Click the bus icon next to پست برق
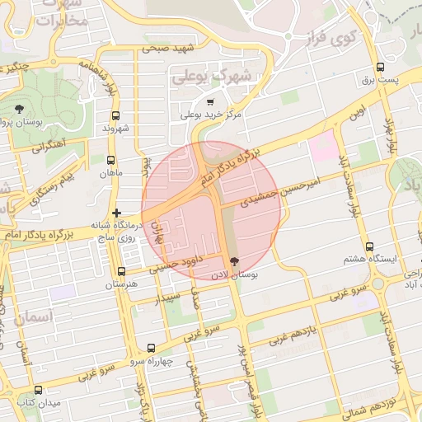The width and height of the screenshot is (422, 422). click(x=380, y=67)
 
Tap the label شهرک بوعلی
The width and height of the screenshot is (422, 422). click(x=210, y=77)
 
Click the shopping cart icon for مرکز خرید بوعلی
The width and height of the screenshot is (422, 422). click(x=211, y=101)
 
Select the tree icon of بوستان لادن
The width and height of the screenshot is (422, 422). click(x=235, y=260)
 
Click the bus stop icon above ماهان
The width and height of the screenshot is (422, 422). click(x=111, y=160)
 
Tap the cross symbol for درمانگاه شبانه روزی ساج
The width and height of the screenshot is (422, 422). click(x=117, y=213)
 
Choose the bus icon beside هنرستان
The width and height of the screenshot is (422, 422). click(x=122, y=271)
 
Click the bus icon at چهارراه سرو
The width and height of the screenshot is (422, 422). click(x=150, y=348)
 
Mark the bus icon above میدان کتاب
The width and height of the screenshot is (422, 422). click(x=38, y=390)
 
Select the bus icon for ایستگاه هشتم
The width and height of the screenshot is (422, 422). click(x=369, y=246)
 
